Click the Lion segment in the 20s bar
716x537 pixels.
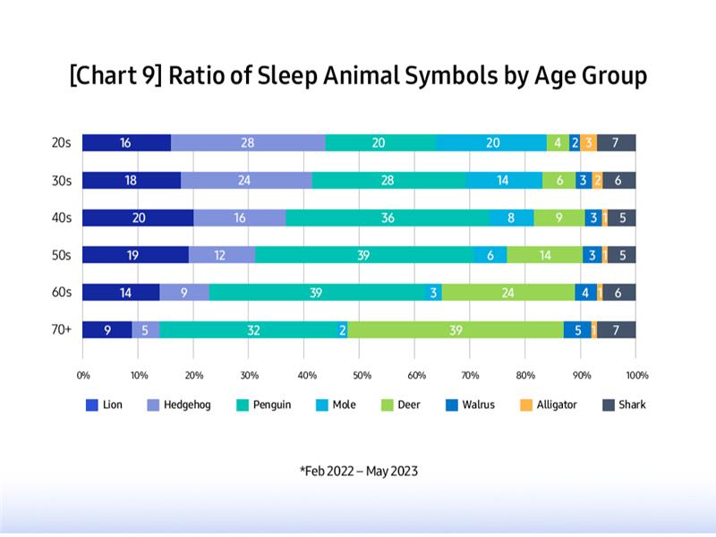[126, 143]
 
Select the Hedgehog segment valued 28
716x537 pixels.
[248, 143]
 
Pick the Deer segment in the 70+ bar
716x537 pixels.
[456, 330]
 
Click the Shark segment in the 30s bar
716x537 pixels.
[619, 180]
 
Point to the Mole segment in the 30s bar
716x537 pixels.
[504, 180]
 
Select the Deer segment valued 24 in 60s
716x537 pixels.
[508, 293]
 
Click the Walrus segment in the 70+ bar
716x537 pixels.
[578, 330]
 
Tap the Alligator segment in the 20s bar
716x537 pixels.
[589, 143]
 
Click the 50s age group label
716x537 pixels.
[62, 255]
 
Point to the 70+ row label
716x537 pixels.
[62, 330]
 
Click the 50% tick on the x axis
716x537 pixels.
[359, 375]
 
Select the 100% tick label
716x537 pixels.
[635, 375]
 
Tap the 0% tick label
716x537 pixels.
[83, 375]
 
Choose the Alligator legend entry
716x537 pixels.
[550, 405]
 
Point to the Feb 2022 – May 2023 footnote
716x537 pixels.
[358, 471]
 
